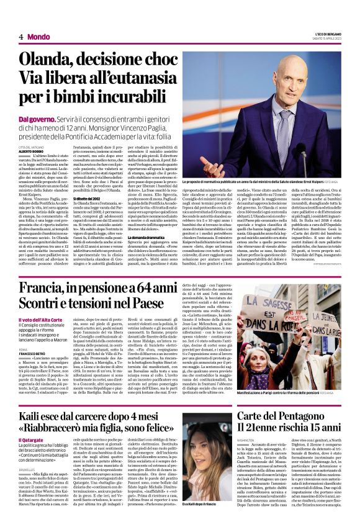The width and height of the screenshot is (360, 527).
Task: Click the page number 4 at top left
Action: click(x=21, y=37)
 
